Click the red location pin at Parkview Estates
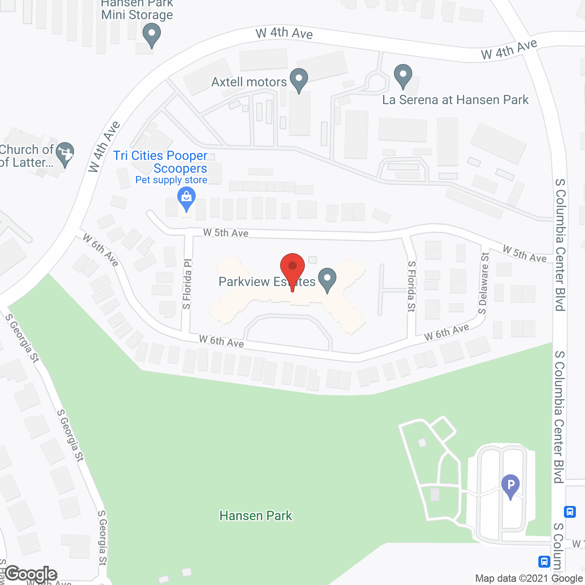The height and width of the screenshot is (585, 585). pyautogui.click(x=292, y=267)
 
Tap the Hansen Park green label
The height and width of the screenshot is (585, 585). pyautogui.click(x=255, y=516)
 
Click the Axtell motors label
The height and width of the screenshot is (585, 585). pyautogui.click(x=249, y=82)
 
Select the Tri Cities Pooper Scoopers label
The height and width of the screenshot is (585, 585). pyautogui.click(x=160, y=162)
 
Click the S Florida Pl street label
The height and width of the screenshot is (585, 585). pyautogui.click(x=187, y=284)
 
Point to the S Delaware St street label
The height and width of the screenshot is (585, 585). pyautogui.click(x=483, y=283)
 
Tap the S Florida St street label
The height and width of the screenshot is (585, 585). pyautogui.click(x=411, y=287)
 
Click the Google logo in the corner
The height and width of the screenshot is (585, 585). pyautogui.click(x=31, y=574)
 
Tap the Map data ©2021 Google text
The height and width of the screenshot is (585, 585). pyautogui.click(x=529, y=579)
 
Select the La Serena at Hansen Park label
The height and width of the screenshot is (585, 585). pyautogui.click(x=455, y=100)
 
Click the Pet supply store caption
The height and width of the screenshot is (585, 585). pyautogui.click(x=171, y=180)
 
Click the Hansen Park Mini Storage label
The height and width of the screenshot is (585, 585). pyautogui.click(x=137, y=10)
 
